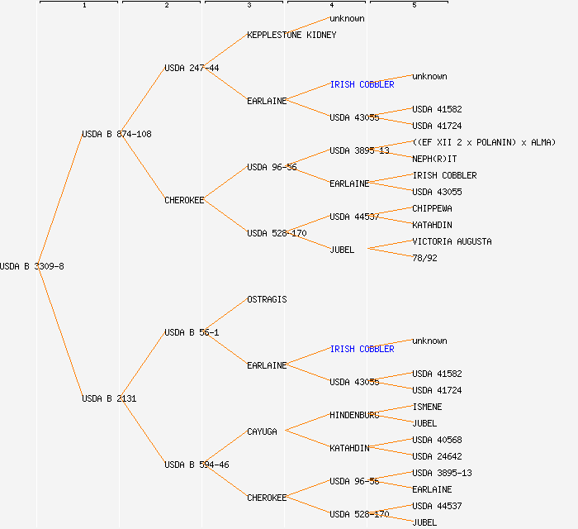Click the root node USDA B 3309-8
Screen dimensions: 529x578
[32, 266]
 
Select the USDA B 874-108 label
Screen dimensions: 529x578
[116, 134]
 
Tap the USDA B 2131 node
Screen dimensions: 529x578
[109, 398]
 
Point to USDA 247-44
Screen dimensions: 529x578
[192, 68]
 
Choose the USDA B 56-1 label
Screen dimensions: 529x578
[192, 332]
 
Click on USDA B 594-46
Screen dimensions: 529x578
[197, 465]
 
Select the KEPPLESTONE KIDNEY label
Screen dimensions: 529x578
[291, 35]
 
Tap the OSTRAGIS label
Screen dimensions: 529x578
[267, 299]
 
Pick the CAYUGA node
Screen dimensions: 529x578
[262, 431]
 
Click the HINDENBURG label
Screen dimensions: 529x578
[354, 415]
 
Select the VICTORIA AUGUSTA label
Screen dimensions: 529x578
[452, 241]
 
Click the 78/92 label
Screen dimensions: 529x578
[424, 258]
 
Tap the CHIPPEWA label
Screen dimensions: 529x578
[432, 208]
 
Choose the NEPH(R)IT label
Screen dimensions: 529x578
[434, 159]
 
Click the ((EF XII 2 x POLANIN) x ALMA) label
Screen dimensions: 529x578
[484, 142]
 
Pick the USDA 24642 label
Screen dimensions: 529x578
[437, 456]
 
